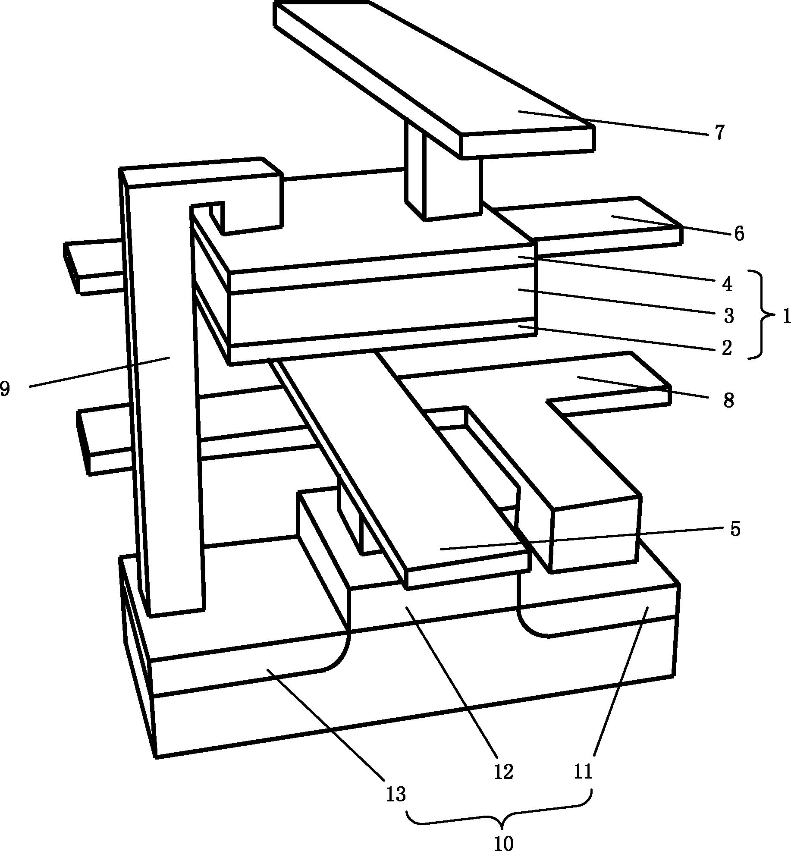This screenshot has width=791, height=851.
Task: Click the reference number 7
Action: [719, 133]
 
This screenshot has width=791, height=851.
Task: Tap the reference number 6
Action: [739, 234]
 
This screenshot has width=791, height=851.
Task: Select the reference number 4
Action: [727, 284]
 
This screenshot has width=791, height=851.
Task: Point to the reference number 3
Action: [728, 316]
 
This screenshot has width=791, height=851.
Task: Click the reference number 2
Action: [727, 348]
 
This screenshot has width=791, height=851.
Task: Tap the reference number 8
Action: [728, 401]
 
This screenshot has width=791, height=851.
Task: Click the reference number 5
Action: [735, 529]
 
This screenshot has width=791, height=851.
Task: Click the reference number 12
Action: [503, 772]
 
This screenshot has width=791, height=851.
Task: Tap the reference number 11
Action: [583, 771]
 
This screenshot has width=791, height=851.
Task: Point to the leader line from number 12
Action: [453, 681]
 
